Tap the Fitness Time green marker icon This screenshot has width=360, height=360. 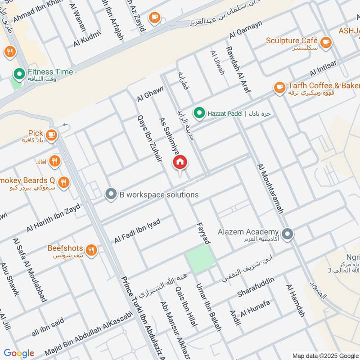click(x=19, y=72)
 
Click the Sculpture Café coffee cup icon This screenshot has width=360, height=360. click(x=326, y=41)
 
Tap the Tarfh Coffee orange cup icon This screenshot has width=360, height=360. click(x=279, y=86)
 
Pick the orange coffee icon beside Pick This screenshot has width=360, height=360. click(x=51, y=134)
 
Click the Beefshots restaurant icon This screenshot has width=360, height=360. click(x=91, y=249)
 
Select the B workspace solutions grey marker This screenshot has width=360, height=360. click(x=110, y=194)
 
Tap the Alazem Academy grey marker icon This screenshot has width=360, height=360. click(x=288, y=234)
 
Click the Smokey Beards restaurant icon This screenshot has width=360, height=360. click(x=64, y=182)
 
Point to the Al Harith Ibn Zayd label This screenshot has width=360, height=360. click(x=53, y=218)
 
